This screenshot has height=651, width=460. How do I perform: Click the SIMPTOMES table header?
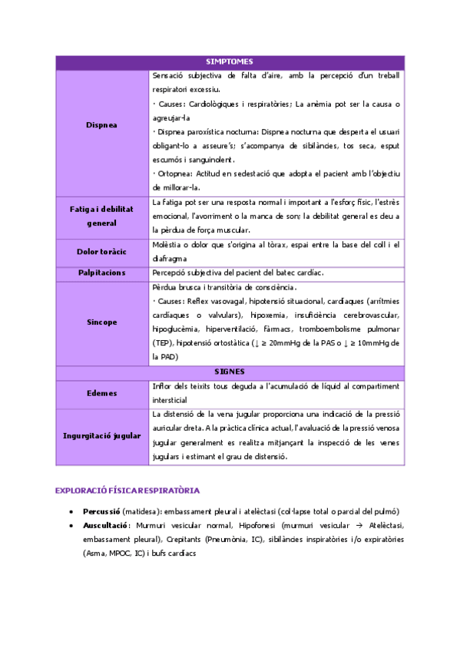tap(230, 61)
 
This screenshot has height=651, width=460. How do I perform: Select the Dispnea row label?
tap(101, 125)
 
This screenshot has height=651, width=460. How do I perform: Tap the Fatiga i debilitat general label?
tap(101, 216)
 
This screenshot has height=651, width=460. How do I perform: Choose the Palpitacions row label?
tap(101, 273)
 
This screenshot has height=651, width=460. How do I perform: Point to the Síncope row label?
tap(101, 322)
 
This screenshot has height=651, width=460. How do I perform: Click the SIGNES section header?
tap(230, 371)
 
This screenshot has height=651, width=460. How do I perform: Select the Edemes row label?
tap(101, 392)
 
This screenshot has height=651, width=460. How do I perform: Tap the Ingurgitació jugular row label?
tap(101, 435)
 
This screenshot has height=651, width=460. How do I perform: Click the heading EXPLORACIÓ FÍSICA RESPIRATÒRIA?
tap(127, 489)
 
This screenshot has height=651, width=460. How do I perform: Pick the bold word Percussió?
tap(101, 511)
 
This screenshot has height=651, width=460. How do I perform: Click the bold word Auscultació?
tap(105, 525)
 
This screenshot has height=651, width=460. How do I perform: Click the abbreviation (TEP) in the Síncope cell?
tap(163, 343)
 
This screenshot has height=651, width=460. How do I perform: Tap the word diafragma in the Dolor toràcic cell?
tap(172, 259)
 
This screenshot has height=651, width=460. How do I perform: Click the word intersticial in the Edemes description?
tap(170, 400)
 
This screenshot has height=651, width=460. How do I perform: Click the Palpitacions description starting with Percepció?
tap(238, 273)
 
